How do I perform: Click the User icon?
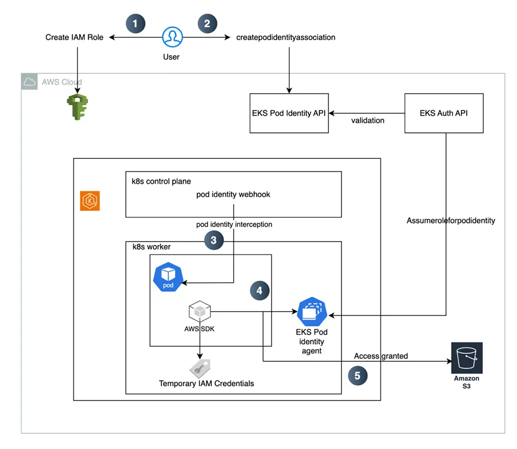click(x=172, y=38)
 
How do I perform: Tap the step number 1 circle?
click(x=135, y=23)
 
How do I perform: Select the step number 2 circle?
click(x=207, y=23)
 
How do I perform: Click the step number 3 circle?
click(x=214, y=239)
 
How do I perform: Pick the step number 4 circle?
click(x=259, y=290)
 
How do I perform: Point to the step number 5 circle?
click(x=357, y=376)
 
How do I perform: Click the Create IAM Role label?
click(x=74, y=38)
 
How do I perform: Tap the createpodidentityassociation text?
click(x=286, y=38)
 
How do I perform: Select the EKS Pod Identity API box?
click(x=289, y=113)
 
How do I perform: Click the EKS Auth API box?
click(x=444, y=113)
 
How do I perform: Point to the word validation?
click(x=368, y=120)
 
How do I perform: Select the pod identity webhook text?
click(x=233, y=195)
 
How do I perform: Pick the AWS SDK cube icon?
click(x=199, y=312)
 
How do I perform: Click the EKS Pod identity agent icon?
click(x=312, y=312)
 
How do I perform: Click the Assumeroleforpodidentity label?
click(x=451, y=221)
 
